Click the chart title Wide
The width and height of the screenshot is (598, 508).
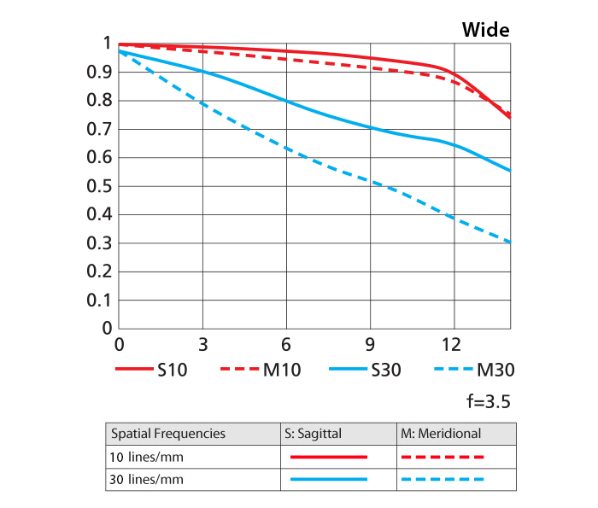coord(485,30)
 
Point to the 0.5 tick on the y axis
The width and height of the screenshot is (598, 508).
coord(102,186)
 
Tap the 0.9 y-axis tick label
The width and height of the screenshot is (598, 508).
coord(102,72)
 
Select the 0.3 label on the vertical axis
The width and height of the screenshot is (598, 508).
coord(102,243)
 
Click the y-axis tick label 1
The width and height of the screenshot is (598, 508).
coord(107,44)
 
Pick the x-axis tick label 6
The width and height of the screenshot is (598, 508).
coord(286,345)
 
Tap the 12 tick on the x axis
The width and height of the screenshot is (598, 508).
coord(453,345)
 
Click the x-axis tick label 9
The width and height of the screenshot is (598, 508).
coord(370,345)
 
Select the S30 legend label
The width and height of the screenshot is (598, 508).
coord(386,371)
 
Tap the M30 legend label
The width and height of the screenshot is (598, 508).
coord(495,371)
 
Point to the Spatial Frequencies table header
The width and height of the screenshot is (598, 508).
coord(168,434)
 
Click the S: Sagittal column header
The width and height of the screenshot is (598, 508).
coord(313,434)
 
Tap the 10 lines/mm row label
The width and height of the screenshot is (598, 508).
coord(147,457)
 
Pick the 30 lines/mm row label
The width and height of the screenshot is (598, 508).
coord(147,480)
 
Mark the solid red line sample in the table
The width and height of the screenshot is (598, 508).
coord(329,457)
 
